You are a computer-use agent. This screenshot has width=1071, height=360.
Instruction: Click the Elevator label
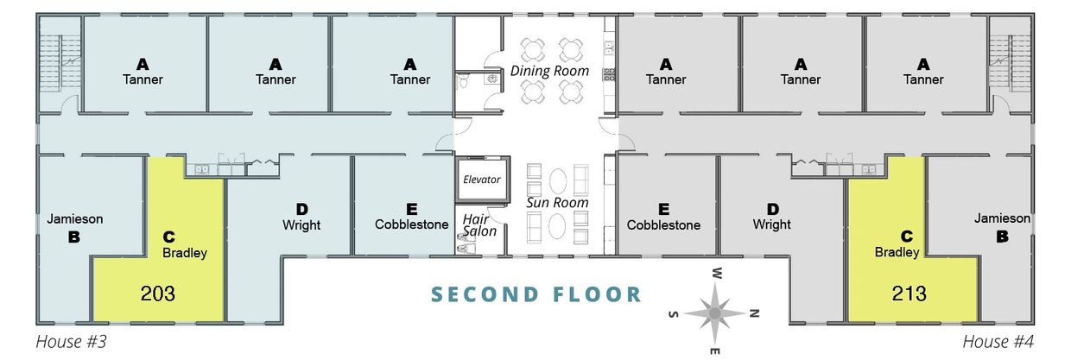click(481, 180)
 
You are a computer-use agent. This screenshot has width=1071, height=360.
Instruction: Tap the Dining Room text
click(549, 71)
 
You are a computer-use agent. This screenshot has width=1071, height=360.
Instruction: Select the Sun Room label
click(557, 202)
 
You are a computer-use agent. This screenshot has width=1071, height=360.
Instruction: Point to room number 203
click(158, 293)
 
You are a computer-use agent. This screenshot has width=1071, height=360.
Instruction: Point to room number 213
click(909, 293)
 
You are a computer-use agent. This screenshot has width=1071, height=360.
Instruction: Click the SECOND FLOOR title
click(536, 294)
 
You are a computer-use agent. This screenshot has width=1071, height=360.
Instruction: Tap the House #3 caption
click(71, 342)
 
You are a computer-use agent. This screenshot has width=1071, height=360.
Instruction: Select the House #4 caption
click(998, 342)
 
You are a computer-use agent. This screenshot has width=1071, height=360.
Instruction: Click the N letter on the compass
click(754, 313)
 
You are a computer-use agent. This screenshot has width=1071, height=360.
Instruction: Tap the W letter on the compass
click(716, 274)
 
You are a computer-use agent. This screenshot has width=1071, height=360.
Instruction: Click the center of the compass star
click(715, 313)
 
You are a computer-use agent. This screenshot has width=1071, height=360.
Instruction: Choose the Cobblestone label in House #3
click(412, 224)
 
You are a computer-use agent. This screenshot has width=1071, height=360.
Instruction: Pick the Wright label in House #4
click(771, 224)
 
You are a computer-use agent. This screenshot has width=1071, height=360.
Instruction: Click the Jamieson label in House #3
click(75, 219)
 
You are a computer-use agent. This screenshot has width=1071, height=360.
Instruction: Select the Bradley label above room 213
click(897, 252)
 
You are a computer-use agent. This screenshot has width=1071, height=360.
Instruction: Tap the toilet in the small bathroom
click(463, 82)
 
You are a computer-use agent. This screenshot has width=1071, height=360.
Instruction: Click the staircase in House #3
click(60, 66)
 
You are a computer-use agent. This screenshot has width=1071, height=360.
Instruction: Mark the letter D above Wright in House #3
click(301, 209)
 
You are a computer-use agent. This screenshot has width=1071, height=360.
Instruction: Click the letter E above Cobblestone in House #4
click(663, 209)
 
